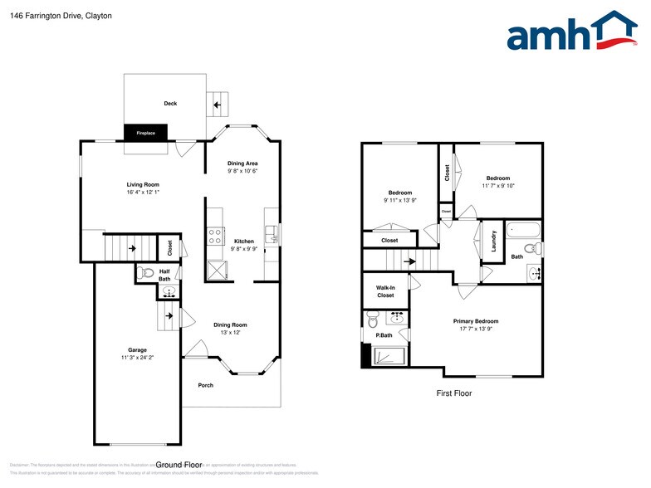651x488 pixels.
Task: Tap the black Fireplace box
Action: (x=146, y=132)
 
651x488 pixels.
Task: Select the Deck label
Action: (x=170, y=104)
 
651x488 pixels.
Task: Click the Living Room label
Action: (x=143, y=184)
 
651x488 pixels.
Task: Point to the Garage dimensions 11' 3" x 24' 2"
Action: (x=137, y=358)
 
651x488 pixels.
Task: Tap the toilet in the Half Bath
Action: (x=147, y=271)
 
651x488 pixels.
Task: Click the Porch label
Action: (x=206, y=385)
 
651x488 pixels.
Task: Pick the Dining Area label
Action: (x=242, y=163)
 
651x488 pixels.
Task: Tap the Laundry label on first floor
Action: (x=494, y=242)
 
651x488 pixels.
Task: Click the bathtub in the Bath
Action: (x=523, y=230)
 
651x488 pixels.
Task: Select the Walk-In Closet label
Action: (x=385, y=291)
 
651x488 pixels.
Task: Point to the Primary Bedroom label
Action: (x=476, y=321)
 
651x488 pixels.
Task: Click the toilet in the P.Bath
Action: (x=374, y=319)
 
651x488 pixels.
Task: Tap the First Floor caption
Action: (x=454, y=393)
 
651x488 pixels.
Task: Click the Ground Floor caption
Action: (x=179, y=465)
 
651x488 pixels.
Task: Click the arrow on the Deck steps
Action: (x=218, y=105)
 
